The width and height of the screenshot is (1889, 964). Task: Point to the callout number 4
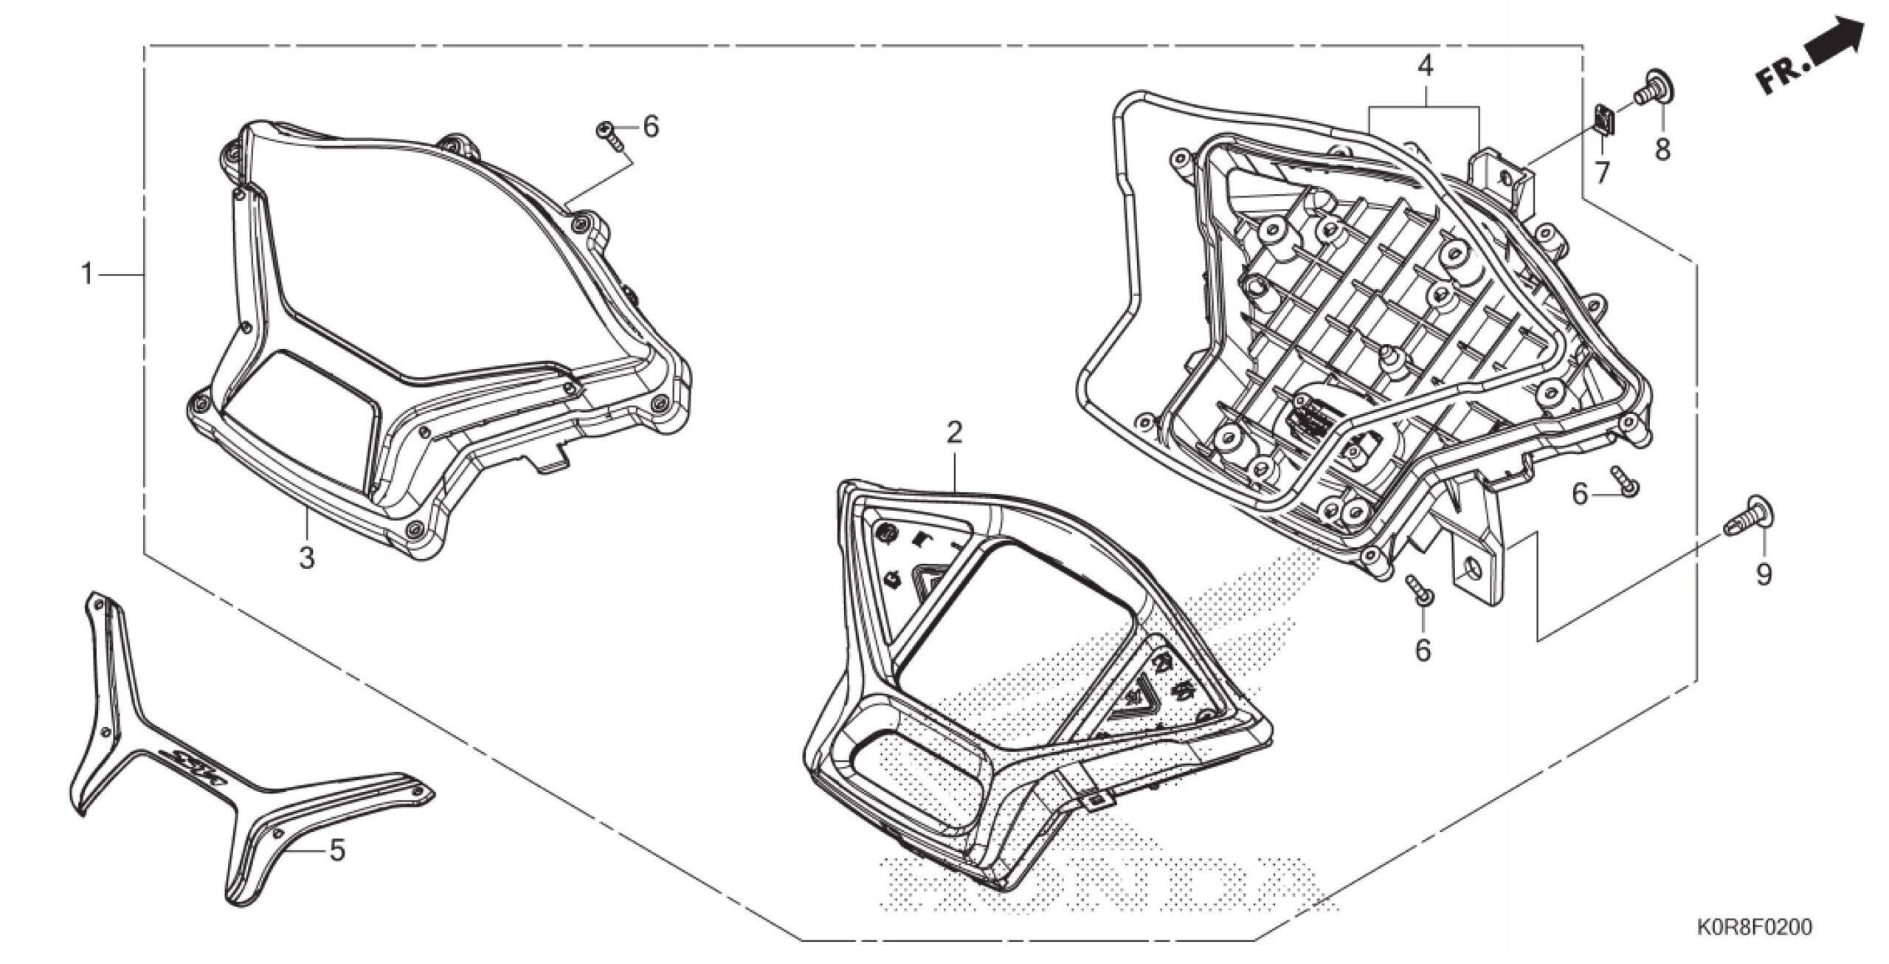pos(1425,67)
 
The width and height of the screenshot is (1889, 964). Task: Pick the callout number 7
pos(1602,172)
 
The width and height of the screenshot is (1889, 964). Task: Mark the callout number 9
pos(1764,574)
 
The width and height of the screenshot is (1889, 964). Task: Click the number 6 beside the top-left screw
pos(650,127)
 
